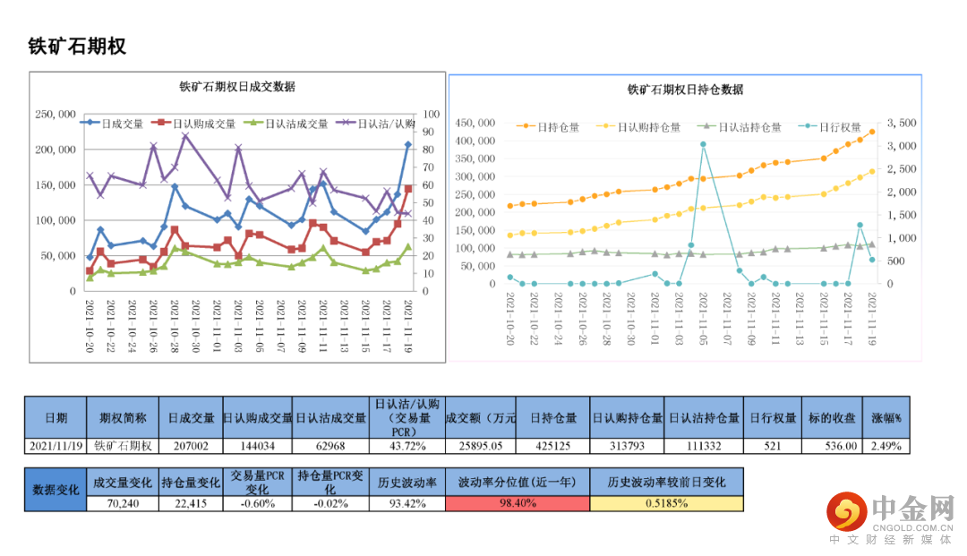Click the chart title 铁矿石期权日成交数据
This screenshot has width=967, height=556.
pyautogui.click(x=237, y=87)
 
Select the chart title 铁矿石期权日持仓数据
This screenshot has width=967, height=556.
pyautogui.click(x=685, y=90)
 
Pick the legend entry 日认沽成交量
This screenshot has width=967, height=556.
pyautogui.click(x=296, y=124)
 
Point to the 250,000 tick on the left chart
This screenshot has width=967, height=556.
pyautogui.click(x=56, y=115)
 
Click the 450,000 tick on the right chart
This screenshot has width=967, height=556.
pyautogui.click(x=475, y=123)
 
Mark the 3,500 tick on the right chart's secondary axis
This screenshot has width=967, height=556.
pyautogui.click(x=897, y=123)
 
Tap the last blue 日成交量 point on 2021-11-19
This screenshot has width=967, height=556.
pyautogui.click(x=407, y=144)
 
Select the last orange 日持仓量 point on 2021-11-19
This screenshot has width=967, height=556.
pyautogui.click(x=872, y=132)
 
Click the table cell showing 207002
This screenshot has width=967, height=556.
pyautogui.click(x=191, y=446)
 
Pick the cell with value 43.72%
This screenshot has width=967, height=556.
pyautogui.click(x=406, y=446)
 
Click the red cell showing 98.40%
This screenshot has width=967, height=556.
pyautogui.click(x=518, y=503)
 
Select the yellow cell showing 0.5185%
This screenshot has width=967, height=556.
pyautogui.click(x=666, y=503)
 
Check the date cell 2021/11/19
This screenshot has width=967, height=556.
pyautogui.click(x=56, y=446)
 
